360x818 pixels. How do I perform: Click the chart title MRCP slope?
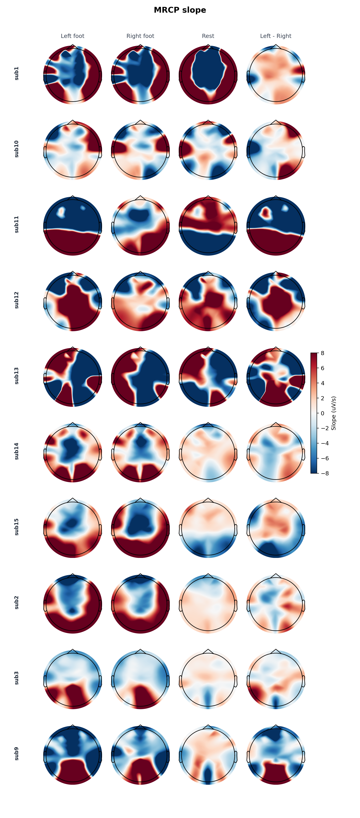click(180, 10)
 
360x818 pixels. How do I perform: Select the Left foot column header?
click(73, 36)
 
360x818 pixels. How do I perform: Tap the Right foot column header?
click(140, 36)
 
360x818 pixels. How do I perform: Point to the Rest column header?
click(208, 36)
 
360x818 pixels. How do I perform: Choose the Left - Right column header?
click(276, 36)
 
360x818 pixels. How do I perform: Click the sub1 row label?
click(17, 73)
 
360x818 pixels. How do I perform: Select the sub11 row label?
click(17, 225)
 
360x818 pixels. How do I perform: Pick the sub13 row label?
click(17, 376)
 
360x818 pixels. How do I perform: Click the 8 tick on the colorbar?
click(322, 353)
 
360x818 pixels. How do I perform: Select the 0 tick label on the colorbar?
click(322, 413)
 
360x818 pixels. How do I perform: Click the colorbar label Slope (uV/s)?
click(334, 413)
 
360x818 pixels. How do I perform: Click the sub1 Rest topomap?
click(208, 75)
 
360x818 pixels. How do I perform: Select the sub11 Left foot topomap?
click(73, 226)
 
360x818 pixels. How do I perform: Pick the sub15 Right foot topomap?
click(140, 528)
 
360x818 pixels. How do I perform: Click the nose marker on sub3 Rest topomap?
click(208, 651)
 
